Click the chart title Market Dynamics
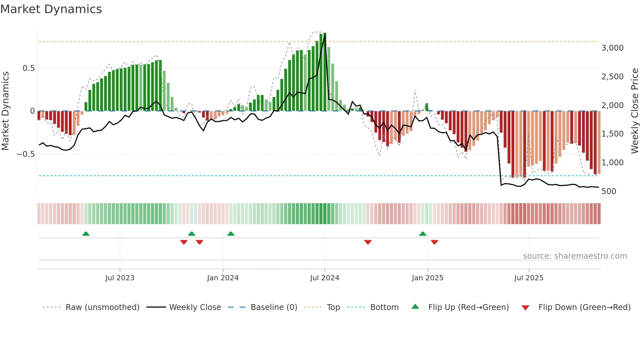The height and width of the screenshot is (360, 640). click(51, 9)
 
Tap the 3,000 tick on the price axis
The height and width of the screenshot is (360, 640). click(612, 48)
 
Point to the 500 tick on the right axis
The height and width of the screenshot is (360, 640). click(609, 191)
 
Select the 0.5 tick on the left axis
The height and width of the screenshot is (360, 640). click(28, 68)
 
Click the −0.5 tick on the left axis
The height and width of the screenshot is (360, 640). click(26, 154)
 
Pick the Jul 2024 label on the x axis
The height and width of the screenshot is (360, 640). click(324, 278)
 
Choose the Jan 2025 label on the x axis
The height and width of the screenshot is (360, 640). click(427, 278)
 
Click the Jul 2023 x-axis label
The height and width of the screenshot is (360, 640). click(120, 278)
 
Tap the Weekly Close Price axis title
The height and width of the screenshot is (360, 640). click(634, 111)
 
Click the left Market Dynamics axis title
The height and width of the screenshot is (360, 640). click(5, 111)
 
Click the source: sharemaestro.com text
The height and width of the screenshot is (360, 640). click(575, 256)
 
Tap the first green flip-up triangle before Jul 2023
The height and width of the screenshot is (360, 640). click(86, 234)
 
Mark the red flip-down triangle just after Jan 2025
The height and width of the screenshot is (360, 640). click(434, 242)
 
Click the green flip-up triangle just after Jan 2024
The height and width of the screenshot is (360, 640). click(231, 234)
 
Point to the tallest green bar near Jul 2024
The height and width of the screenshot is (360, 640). click(325, 72)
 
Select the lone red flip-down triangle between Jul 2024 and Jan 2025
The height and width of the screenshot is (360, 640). click(368, 242)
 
